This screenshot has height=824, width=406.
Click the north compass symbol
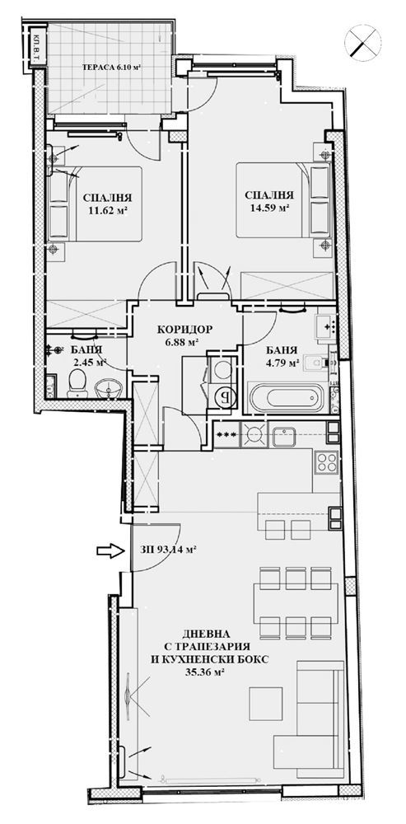[362, 40]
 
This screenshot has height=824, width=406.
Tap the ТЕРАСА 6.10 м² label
[114, 68]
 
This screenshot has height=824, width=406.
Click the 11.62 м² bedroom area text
[107, 209]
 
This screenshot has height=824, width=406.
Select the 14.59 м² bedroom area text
[269, 208]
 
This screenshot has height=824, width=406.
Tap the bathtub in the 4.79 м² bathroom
[287, 398]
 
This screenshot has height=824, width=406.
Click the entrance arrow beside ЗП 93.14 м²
[110, 550]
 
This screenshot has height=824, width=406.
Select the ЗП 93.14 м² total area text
[169, 550]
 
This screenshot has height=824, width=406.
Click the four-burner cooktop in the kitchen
[325, 462]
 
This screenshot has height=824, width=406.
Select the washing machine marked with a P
[222, 398]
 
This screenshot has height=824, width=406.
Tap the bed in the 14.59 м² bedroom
[283, 200]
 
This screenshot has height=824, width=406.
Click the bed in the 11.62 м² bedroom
[95, 204]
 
